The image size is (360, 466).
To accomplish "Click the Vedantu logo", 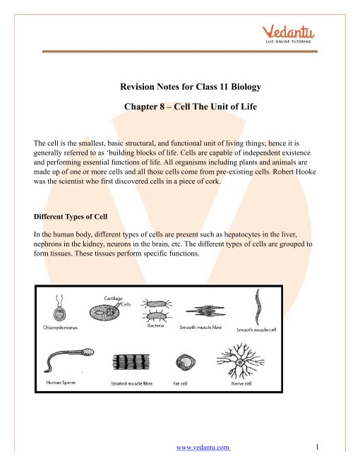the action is (288, 34).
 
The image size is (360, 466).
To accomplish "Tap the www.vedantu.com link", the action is (203, 447).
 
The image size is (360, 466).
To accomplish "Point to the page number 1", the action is (317, 447).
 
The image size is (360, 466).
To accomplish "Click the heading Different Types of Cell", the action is (71, 217).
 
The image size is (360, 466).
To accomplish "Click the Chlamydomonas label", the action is (60, 328).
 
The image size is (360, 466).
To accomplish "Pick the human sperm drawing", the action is (69, 359).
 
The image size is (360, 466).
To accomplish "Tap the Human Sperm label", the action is (61, 383).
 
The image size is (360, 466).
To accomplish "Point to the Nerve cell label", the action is (241, 383).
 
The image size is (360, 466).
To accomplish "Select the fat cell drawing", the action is (186, 362).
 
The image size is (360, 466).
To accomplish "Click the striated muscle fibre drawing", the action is (131, 362).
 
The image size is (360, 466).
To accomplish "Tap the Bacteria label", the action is (155, 325).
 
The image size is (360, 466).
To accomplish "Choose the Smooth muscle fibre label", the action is (200, 327).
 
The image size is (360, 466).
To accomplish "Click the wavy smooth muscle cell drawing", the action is (258, 307).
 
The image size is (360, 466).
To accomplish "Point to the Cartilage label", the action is (113, 299).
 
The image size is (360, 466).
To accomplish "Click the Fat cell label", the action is (180, 383).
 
